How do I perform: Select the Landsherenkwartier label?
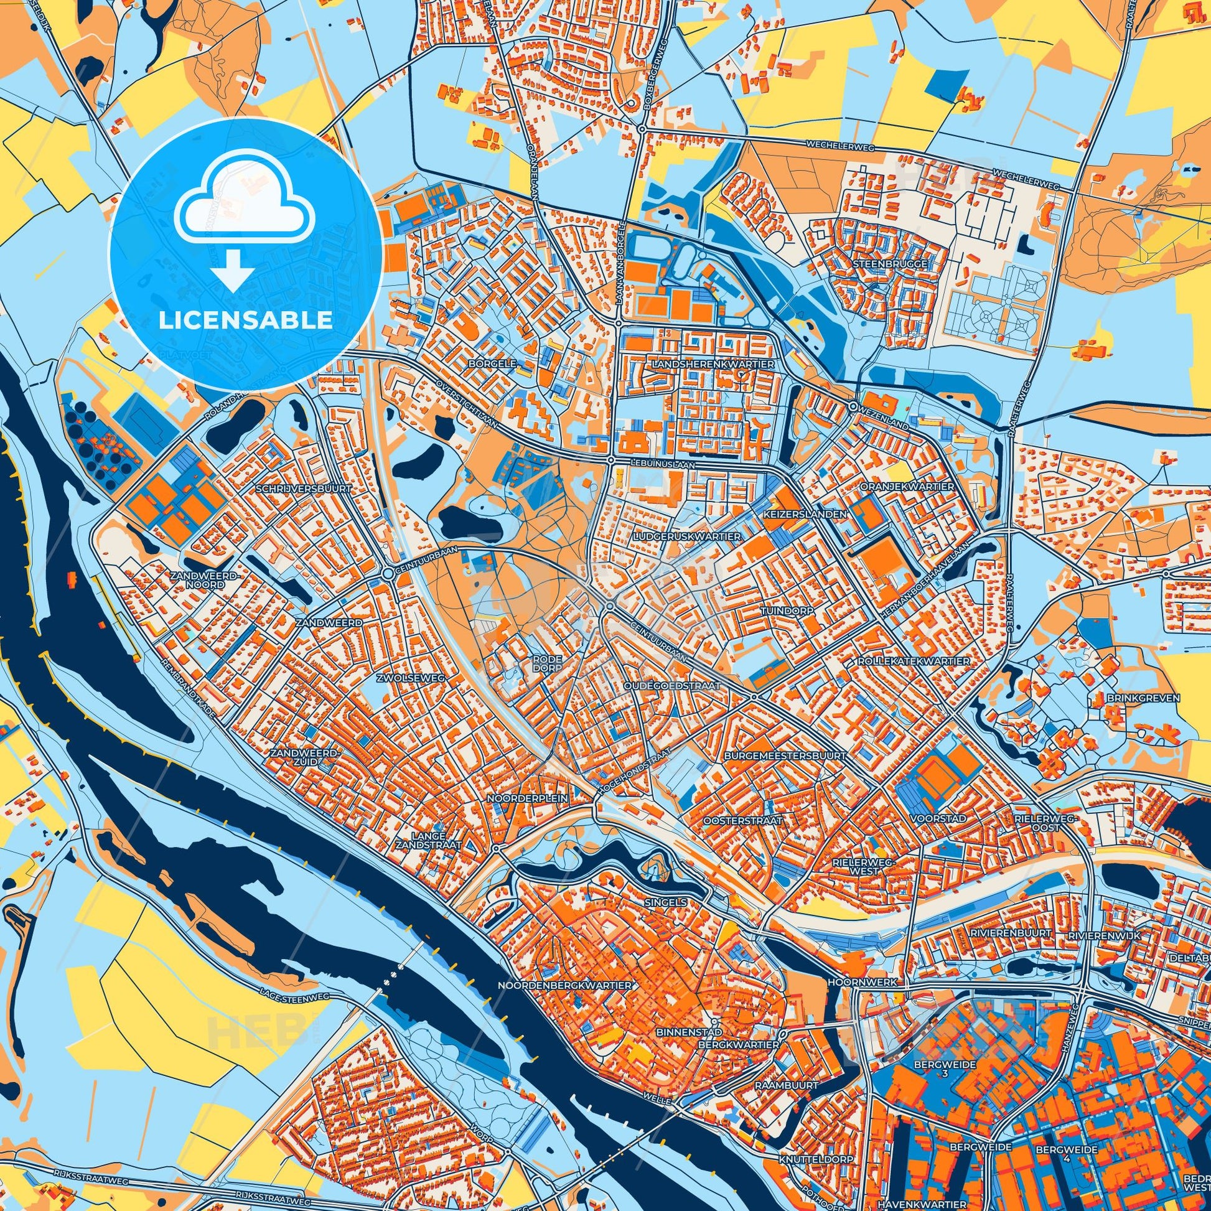713,363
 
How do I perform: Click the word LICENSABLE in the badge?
245,320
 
